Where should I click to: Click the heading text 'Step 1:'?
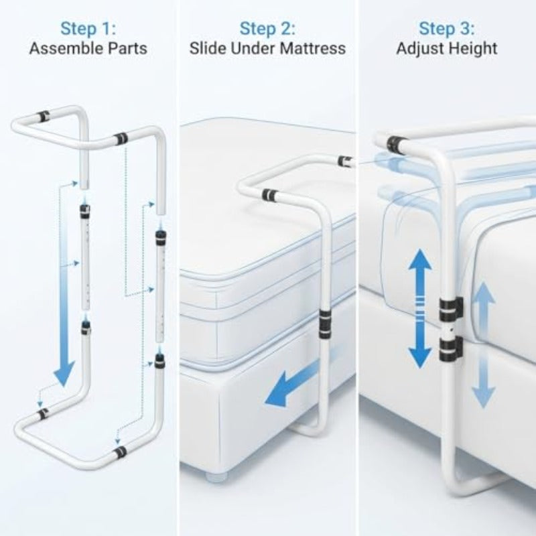(x=88, y=28)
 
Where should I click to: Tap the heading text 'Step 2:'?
(x=267, y=28)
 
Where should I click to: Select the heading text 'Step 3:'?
(x=447, y=28)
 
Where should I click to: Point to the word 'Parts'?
(x=128, y=48)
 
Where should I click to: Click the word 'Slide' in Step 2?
(x=208, y=48)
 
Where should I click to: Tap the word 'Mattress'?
(x=313, y=48)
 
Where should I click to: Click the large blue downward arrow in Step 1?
(x=64, y=308)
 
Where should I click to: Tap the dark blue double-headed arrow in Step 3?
(x=420, y=308)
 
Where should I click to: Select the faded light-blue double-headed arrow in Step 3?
(x=484, y=344)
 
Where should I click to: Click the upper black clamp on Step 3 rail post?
(x=451, y=308)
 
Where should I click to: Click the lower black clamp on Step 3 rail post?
(x=451, y=349)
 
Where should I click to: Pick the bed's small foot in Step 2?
(x=216, y=476)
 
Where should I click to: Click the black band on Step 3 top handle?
(x=395, y=145)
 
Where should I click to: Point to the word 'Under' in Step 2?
(x=253, y=48)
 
